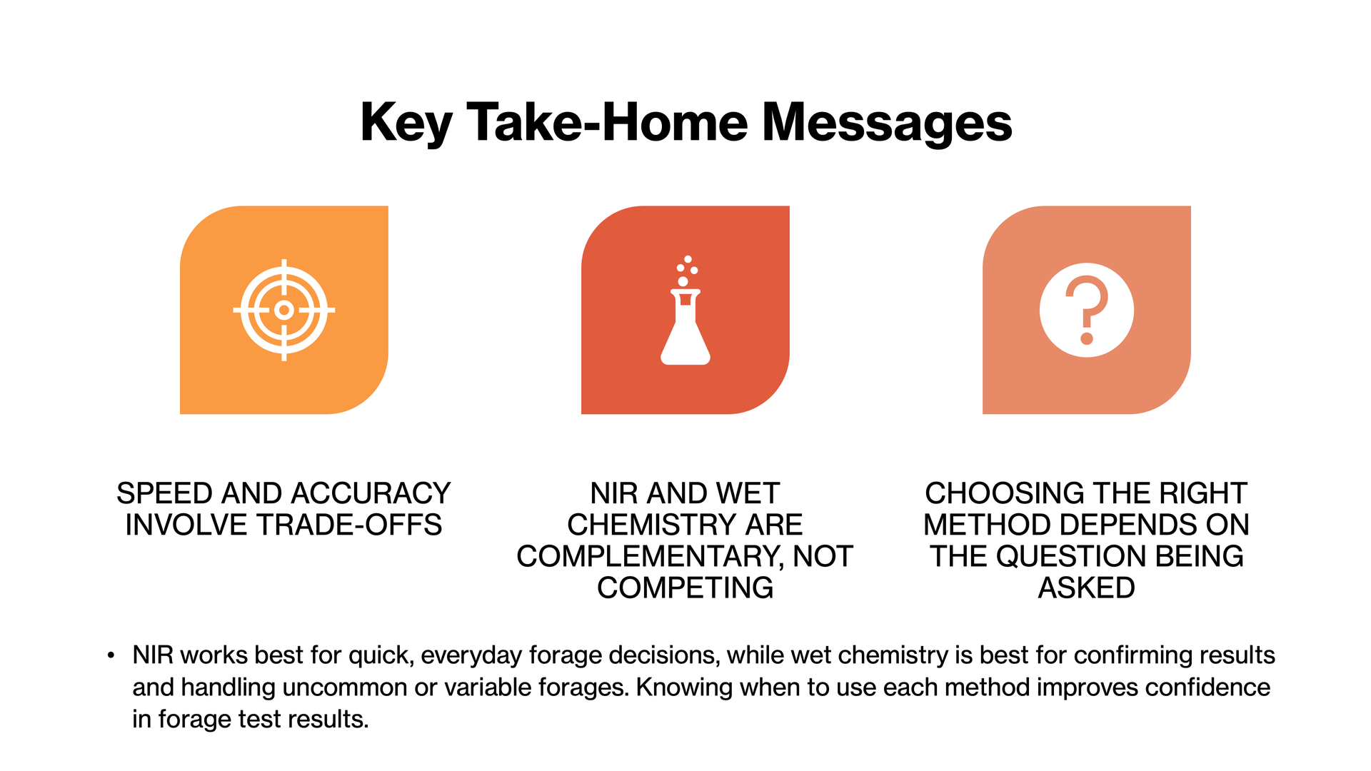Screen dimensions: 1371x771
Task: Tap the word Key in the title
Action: coord(406,123)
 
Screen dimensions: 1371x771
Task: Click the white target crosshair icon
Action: coord(284,310)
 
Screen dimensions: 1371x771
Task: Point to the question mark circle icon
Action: coord(1086,310)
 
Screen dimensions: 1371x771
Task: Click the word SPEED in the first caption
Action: coord(164,493)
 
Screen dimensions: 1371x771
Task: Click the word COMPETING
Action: coord(685,588)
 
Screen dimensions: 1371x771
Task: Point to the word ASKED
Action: coord(1086,588)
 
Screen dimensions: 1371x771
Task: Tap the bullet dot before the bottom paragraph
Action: coord(111,655)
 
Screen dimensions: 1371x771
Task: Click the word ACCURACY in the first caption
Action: coord(371,493)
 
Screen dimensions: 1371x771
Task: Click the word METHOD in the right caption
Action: coord(989,525)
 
